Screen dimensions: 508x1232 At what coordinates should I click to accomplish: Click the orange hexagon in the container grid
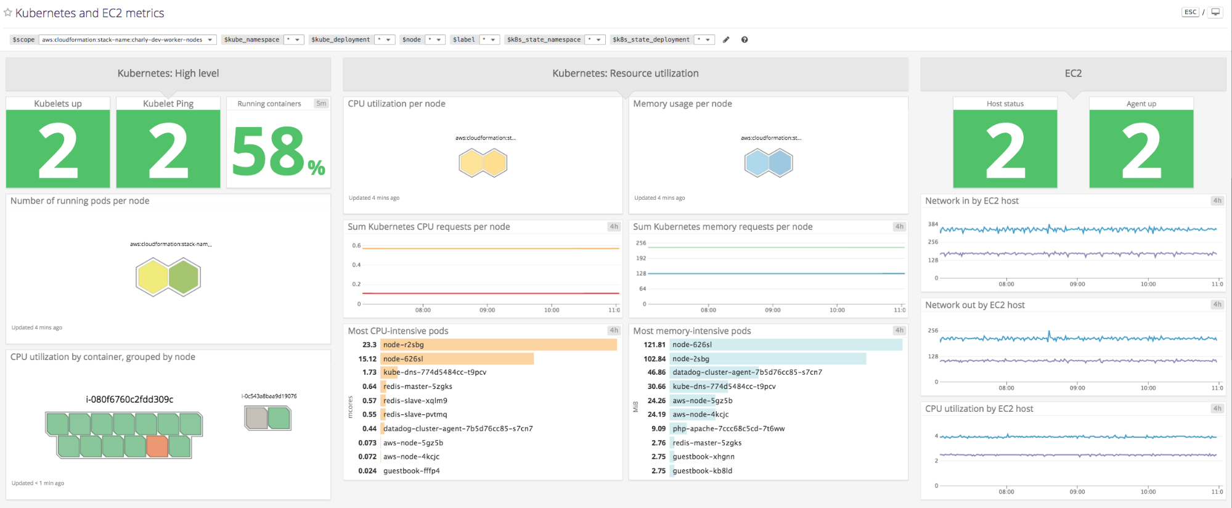[157, 446]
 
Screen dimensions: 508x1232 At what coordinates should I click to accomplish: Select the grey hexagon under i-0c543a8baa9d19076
[256, 419]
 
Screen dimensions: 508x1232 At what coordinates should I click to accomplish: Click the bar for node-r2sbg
[498, 345]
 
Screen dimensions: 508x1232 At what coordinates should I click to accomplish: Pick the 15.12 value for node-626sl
[367, 359]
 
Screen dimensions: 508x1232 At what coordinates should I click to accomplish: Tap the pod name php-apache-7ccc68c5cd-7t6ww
[728, 428]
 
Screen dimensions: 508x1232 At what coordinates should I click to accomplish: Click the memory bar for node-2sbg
[767, 359]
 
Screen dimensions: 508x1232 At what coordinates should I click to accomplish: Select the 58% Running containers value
[278, 151]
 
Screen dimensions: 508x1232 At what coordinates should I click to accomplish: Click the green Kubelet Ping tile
[168, 149]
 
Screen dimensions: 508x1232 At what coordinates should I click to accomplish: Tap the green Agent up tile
[1141, 149]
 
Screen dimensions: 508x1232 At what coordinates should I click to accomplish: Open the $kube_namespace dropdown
[293, 39]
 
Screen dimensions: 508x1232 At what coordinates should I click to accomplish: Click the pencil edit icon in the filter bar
[726, 39]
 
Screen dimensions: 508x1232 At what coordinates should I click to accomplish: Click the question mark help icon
[745, 39]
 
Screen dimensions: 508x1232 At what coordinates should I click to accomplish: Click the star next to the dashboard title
[8, 12]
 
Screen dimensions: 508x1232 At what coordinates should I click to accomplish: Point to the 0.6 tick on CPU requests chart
[356, 245]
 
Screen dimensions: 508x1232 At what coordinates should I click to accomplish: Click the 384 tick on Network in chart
[933, 224]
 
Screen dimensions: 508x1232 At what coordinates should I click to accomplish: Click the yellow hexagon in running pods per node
[152, 277]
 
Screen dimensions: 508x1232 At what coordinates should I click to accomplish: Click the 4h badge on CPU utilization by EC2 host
[1217, 408]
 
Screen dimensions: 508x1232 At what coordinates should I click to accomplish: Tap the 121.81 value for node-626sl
[655, 345]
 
